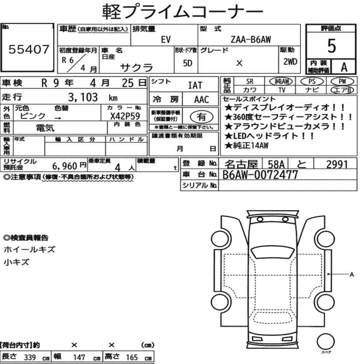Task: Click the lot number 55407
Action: click(28, 50)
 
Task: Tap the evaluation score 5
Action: click(331, 46)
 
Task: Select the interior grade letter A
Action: click(343, 67)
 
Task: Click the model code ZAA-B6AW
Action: click(250, 40)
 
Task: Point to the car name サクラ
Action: click(136, 67)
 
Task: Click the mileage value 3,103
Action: click(83, 97)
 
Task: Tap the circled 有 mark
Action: click(201, 116)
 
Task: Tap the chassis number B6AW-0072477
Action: click(260, 175)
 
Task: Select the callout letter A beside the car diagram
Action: click(352, 275)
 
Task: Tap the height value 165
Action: click(131, 357)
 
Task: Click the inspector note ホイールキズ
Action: click(29, 250)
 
